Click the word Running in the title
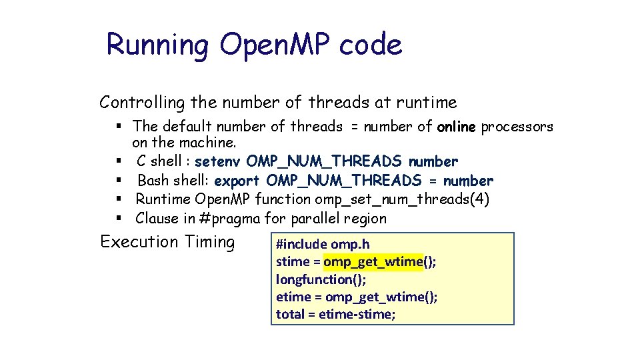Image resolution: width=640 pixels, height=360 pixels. coord(157,45)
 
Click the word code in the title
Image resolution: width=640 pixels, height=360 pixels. coord(371,45)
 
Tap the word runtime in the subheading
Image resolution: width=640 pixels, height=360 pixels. coord(427,103)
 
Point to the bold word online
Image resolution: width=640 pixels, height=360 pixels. coord(457,127)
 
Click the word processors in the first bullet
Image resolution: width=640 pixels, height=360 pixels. coord(517,127)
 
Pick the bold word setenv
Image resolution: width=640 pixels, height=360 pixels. coord(218,161)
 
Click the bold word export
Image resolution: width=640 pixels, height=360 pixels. coord(238,181)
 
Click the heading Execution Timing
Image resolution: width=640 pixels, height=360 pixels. coord(167,241)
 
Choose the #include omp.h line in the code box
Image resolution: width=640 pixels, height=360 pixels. coord(323,245)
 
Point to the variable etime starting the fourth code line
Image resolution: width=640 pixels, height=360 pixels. coord(293,297)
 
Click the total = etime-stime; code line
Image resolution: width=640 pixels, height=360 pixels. coord(336,314)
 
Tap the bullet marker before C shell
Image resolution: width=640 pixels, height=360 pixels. coord(117,162)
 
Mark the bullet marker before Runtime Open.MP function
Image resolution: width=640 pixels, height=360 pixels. coord(117,200)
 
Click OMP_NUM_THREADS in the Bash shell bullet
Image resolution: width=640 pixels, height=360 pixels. coord(344,181)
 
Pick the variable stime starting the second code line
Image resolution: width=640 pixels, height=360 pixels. coord(293,262)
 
